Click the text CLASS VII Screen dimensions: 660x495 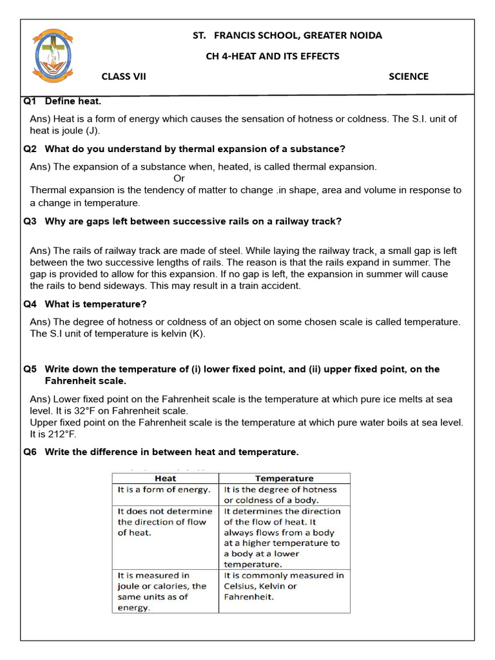point(124,77)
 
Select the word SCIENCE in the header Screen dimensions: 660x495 point(408,77)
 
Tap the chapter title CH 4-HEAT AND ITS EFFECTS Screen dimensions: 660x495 point(272,56)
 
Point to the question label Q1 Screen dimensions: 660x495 point(30,102)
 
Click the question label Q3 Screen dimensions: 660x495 point(30,221)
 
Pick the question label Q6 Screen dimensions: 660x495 point(30,452)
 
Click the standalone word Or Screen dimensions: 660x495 point(179,179)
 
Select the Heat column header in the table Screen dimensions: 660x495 point(166,479)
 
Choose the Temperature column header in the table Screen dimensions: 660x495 point(284,479)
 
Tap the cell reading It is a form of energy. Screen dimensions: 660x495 point(164,490)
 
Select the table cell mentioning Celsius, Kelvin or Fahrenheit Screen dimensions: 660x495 point(284,586)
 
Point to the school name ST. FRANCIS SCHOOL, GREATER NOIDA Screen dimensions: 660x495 point(287,35)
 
